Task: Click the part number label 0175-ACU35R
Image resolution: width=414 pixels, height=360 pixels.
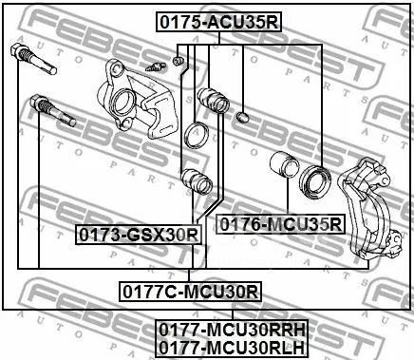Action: [x=218, y=23]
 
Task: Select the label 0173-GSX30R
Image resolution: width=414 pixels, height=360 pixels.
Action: [x=139, y=235]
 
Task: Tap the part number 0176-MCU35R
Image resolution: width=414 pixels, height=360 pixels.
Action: [x=280, y=224]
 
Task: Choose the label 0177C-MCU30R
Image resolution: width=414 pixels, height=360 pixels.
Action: [x=190, y=292]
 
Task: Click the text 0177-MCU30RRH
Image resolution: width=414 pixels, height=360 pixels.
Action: [x=232, y=330]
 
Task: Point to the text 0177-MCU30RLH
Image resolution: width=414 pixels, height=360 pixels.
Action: [x=232, y=348]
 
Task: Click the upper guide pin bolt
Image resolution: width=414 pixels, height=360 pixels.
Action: [x=33, y=59]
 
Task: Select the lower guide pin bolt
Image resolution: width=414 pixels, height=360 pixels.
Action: [x=52, y=110]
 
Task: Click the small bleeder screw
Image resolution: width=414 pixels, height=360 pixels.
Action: [x=156, y=66]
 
